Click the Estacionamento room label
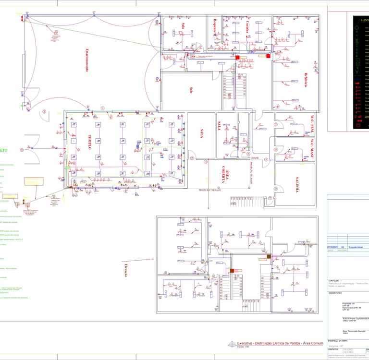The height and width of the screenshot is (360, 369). [86, 60]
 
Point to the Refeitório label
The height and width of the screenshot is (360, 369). [305, 80]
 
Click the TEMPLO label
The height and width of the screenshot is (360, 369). [88, 142]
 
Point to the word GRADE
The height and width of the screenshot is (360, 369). [254, 158]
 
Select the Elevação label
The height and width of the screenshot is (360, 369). [126, 270]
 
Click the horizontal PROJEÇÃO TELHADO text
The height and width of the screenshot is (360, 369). [210, 190]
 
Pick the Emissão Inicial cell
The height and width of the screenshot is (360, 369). [356, 247]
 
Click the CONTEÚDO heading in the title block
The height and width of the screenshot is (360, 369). [334, 281]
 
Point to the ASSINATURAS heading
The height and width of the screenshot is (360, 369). [336, 292]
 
